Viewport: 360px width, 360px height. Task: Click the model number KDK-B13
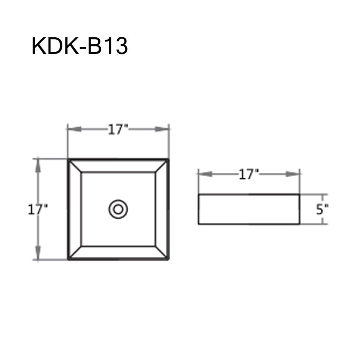(x=80, y=47)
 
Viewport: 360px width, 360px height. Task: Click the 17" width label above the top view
(x=118, y=130)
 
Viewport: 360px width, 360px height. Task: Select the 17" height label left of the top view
(x=38, y=210)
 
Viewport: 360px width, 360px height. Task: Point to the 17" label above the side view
(x=249, y=175)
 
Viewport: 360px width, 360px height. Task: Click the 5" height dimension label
(x=322, y=209)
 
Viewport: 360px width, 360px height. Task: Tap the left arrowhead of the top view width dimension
(x=75, y=129)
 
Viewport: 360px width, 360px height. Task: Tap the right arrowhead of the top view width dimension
(x=162, y=129)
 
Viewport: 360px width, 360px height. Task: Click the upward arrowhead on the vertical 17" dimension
(x=38, y=166)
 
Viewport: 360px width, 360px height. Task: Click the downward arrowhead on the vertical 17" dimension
(x=38, y=253)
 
